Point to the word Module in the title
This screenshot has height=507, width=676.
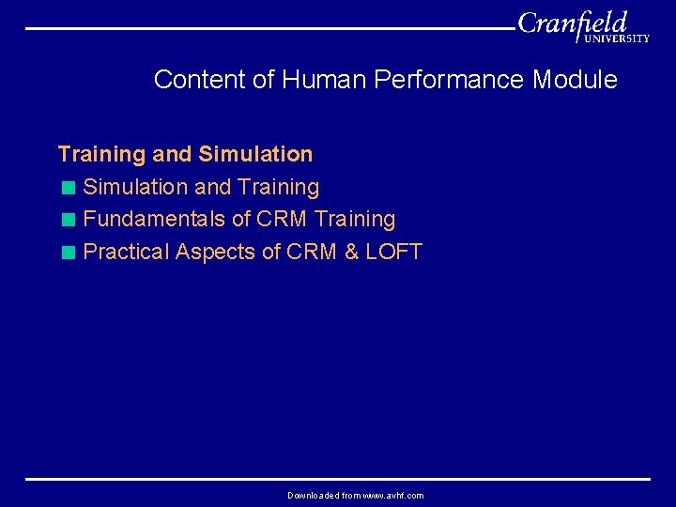click(575, 80)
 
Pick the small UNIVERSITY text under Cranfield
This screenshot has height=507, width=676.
click(616, 39)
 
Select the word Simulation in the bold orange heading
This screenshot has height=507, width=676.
click(255, 154)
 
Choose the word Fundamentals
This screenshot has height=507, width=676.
click(155, 220)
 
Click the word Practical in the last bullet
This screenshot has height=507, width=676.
click(126, 253)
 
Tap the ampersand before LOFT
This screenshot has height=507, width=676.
click(351, 253)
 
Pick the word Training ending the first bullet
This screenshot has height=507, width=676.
click(279, 188)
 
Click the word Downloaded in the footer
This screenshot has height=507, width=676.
click(313, 495)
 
